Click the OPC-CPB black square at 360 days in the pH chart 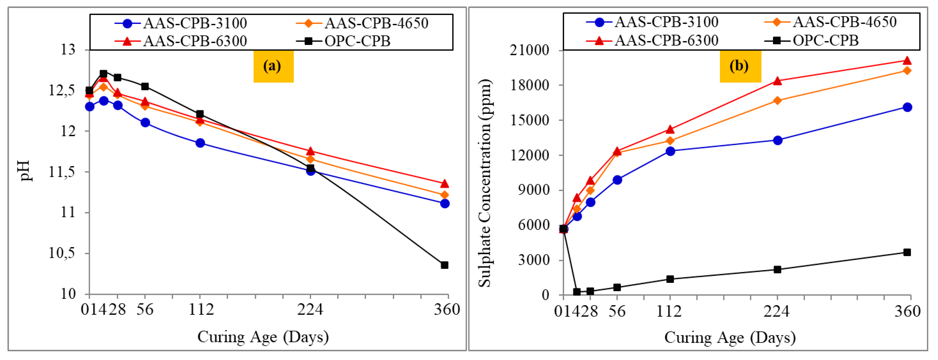444,265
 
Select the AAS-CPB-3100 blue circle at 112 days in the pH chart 200,143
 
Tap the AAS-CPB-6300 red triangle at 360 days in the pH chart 444,183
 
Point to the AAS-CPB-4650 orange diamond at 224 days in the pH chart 310,159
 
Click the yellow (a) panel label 273,66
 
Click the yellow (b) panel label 740,66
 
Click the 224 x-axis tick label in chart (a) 310,309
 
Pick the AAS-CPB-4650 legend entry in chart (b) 830,22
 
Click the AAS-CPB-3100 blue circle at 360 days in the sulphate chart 907,107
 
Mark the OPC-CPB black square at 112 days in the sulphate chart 670,279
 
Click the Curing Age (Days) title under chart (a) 263,337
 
